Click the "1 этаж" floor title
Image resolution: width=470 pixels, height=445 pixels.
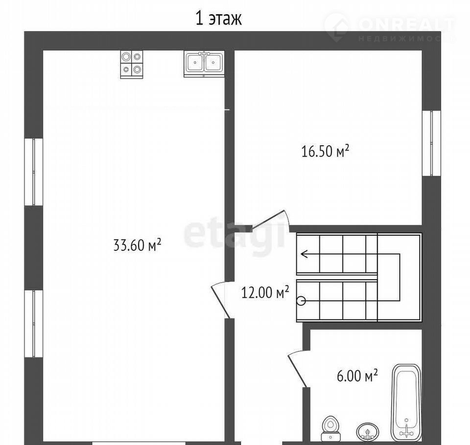point(218,19)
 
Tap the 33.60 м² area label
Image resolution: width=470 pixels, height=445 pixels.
point(137,245)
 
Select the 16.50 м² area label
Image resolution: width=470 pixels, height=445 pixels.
point(325,151)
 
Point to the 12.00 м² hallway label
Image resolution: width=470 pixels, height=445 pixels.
point(265,292)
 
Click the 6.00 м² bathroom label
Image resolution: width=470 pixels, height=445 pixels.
point(357,376)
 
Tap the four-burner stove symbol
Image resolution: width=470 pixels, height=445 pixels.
point(132,65)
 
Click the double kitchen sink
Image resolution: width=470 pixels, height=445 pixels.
point(204,64)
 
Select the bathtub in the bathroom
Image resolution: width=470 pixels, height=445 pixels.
point(406,402)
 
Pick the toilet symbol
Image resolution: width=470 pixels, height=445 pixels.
point(330,428)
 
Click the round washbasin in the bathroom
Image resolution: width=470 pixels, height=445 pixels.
point(368,432)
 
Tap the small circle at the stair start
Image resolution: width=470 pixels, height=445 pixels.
point(301,301)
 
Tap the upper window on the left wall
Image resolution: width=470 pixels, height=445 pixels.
point(34,172)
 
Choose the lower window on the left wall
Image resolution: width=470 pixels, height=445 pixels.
point(34,323)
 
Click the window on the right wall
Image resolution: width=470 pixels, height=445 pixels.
point(431,143)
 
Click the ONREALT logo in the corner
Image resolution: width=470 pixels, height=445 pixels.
point(390,27)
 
